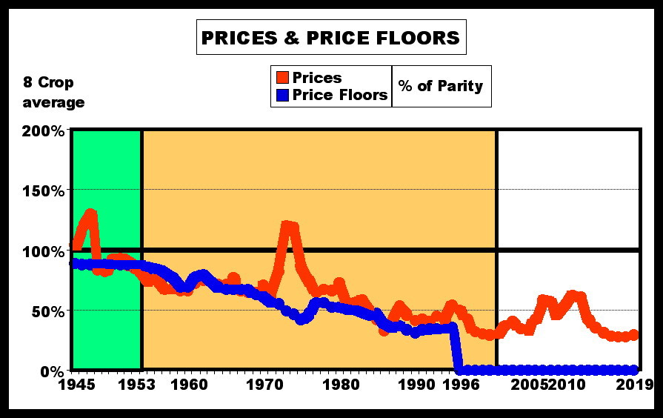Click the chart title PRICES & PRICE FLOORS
click(330, 38)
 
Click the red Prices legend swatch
click(282, 78)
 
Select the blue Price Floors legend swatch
click(282, 95)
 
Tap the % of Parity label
click(440, 86)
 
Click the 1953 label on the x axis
click(136, 385)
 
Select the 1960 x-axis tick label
click(188, 385)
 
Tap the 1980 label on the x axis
click(341, 385)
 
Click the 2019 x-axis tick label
click(634, 385)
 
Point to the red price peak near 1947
click(91, 214)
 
